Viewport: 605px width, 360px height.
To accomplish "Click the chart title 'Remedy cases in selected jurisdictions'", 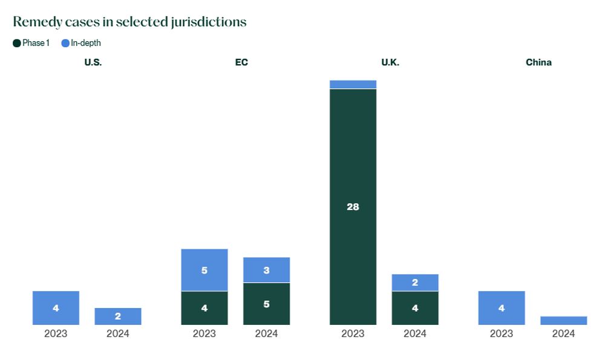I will [129, 22].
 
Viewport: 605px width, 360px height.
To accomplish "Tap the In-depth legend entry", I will [81, 43].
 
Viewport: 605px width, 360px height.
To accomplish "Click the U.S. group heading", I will [93, 62].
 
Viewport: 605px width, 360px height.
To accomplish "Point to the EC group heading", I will [241, 62].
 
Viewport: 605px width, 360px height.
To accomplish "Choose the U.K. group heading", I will [390, 62].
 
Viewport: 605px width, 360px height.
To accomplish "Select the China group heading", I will [538, 62].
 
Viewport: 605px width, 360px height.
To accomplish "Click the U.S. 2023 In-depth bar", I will [56, 308].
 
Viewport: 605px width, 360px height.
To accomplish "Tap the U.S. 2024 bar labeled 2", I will [118, 316].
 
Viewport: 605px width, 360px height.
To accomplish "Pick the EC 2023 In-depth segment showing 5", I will [204, 270].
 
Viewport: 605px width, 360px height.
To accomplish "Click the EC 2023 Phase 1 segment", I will [204, 308].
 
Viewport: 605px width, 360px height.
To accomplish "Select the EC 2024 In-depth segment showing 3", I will [267, 270].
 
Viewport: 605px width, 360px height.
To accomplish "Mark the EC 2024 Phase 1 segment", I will [267, 304].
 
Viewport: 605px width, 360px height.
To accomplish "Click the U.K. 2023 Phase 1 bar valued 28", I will [353, 207].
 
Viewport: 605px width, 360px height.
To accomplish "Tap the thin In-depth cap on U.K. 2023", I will [353, 85].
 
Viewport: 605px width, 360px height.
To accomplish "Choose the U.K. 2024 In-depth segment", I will [415, 283].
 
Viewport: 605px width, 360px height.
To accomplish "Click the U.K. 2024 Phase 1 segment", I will [415, 308].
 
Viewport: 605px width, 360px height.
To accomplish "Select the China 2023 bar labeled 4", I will [502, 308].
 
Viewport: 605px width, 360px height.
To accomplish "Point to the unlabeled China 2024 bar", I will [563, 321].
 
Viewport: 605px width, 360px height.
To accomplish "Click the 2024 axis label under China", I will [563, 333].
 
